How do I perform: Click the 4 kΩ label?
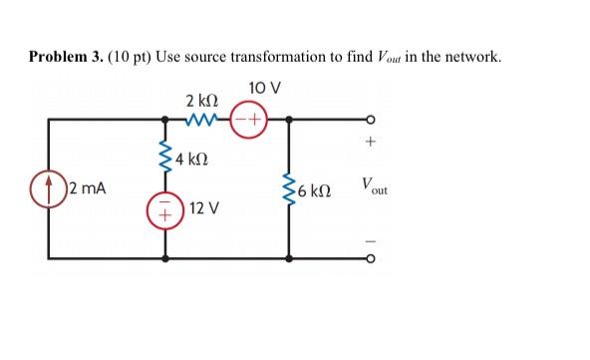(193, 159)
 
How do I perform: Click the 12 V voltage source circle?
(165, 212)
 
